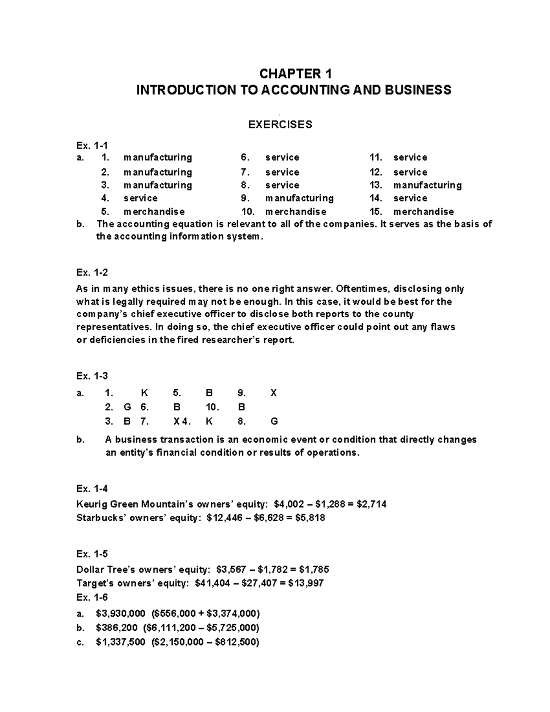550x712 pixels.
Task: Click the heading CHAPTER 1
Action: click(x=295, y=73)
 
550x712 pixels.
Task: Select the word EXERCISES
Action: click(x=280, y=124)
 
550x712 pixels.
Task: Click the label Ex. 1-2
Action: click(x=92, y=272)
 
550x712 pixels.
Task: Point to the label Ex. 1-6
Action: click(x=92, y=597)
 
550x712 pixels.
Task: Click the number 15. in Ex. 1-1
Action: click(x=376, y=211)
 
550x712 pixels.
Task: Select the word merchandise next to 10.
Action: click(x=296, y=211)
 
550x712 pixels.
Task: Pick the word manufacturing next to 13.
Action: click(x=427, y=185)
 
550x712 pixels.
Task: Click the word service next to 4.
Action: click(x=140, y=198)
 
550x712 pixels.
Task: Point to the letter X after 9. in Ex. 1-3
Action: click(x=274, y=393)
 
